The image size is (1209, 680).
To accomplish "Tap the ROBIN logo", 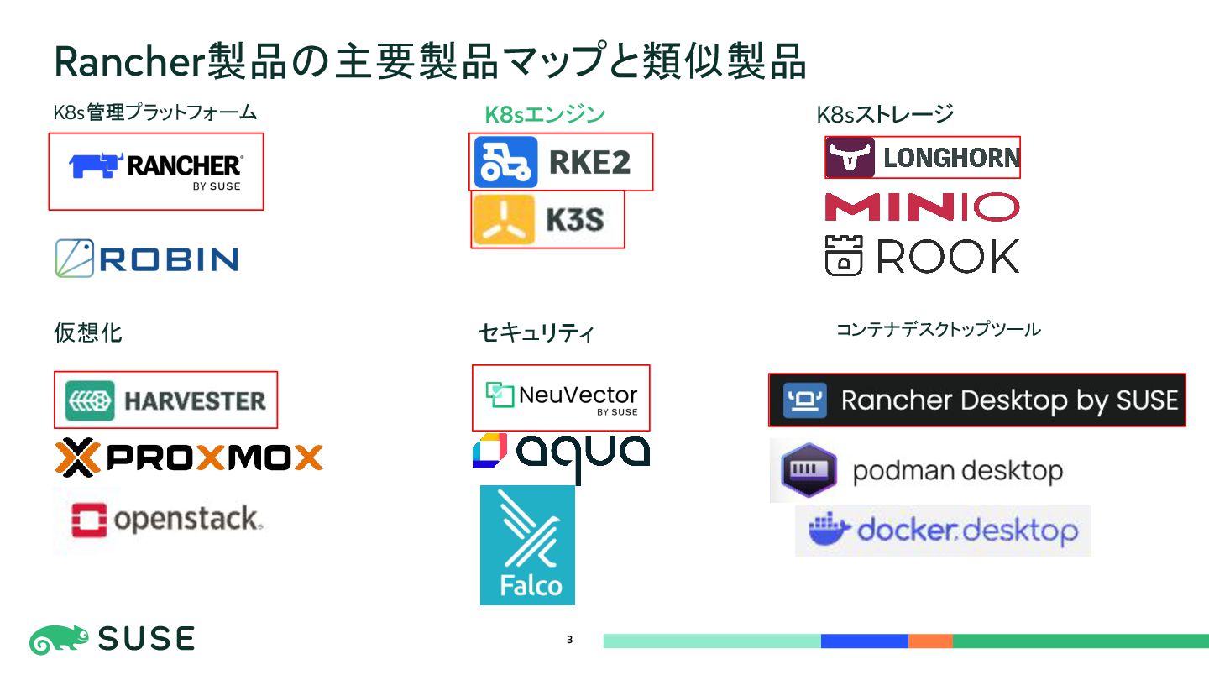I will [x=147, y=259].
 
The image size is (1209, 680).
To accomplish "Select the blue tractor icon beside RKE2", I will [x=505, y=162].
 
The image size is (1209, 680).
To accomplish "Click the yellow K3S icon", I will [x=504, y=219].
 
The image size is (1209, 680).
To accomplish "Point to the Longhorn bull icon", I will [x=850, y=158].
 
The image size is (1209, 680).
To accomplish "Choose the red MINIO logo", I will [x=922, y=207].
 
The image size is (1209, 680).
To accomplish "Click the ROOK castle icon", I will [x=845, y=255].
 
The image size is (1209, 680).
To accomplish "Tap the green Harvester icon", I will [x=90, y=400].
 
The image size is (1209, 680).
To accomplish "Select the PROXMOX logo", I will [x=189, y=458].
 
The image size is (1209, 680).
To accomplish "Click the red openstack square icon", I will [x=89, y=520].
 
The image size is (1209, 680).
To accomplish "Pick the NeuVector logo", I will [x=561, y=397].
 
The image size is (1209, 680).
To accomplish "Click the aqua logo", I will [x=561, y=452].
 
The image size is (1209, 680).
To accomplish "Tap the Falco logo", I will [x=527, y=545].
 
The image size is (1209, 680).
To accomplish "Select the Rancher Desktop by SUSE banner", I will [x=977, y=400].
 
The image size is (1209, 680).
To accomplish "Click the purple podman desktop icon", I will [x=809, y=470].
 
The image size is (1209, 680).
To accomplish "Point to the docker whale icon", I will [x=830, y=529].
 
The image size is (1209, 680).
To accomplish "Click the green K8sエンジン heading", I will [x=545, y=114].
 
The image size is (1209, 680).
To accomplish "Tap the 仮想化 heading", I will [x=87, y=332].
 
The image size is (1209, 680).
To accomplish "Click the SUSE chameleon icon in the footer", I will [x=59, y=641].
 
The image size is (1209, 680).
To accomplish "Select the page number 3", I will [x=569, y=641].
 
